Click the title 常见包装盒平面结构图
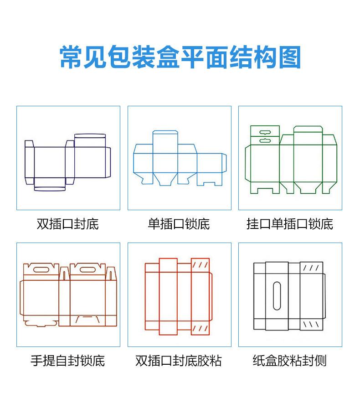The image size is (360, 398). click(180, 57)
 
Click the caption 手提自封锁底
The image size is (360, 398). click(67, 361)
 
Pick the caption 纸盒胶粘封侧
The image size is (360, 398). click(290, 361)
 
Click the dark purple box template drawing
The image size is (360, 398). click(67, 162)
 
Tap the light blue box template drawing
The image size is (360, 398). click(180, 160)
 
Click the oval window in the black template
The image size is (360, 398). click(277, 296)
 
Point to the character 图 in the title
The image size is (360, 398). click(290, 57)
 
